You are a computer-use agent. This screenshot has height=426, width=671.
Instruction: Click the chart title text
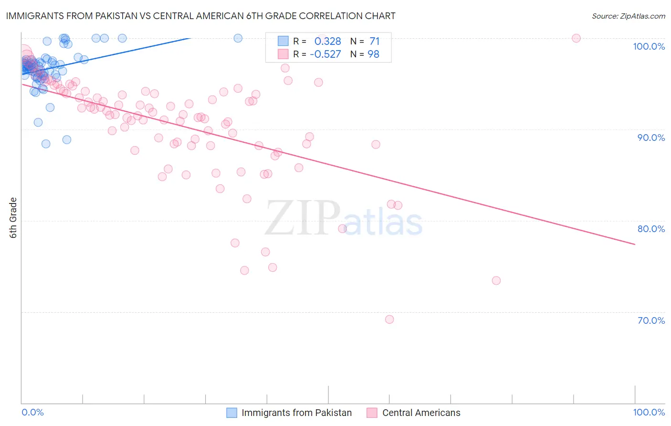tap(200, 16)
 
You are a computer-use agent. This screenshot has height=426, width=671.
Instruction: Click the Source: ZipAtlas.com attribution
tap(628, 16)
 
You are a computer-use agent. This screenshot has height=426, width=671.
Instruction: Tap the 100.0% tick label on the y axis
tap(649, 46)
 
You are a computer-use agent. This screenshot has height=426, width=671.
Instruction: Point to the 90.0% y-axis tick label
tap(651, 138)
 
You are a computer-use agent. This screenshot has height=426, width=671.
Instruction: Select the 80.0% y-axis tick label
tap(651, 229)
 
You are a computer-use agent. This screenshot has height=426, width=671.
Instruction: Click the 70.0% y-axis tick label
tap(651, 320)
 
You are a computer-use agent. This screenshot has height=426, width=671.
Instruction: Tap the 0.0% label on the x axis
tap(32, 412)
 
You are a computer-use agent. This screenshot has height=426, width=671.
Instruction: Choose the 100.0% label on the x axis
tap(649, 412)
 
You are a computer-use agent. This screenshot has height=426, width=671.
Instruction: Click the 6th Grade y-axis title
tap(13, 217)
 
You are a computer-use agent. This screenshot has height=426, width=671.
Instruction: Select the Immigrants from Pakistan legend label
tap(296, 413)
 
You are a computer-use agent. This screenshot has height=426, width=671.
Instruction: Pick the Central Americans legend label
tap(421, 413)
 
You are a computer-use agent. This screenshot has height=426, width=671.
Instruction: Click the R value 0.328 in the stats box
tap(327, 41)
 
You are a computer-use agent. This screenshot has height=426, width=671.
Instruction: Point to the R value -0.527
tap(325, 54)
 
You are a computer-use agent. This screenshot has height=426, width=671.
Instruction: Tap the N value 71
tap(374, 41)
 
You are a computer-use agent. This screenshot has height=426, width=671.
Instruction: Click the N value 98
tap(373, 54)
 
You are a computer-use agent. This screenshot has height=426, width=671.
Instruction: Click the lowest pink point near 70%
tap(389, 319)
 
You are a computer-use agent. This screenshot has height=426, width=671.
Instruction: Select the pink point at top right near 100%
tap(576, 38)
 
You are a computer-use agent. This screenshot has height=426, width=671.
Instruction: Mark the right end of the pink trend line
tap(635, 244)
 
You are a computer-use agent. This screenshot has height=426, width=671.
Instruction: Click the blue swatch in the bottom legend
tap(231, 413)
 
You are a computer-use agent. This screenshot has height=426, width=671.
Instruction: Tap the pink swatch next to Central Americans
tap(372, 413)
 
